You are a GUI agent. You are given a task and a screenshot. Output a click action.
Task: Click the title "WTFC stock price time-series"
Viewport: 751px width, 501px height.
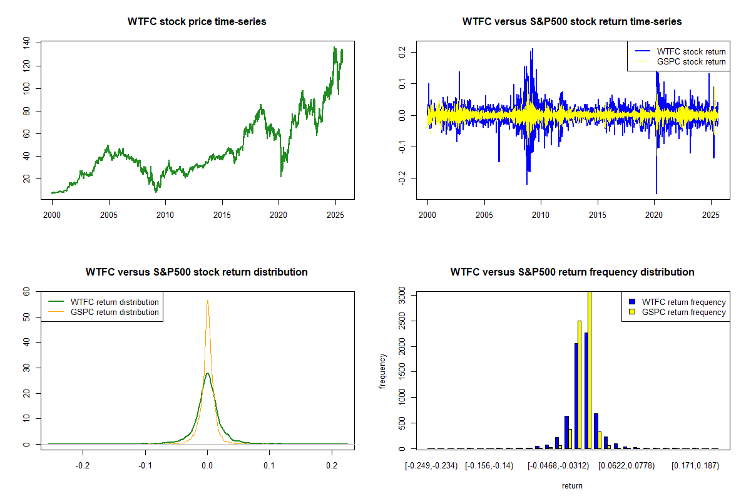(x=197, y=22)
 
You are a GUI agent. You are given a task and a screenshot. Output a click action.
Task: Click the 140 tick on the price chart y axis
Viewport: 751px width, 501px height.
(x=27, y=43)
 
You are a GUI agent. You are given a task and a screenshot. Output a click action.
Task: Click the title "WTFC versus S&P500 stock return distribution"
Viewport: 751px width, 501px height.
(x=197, y=272)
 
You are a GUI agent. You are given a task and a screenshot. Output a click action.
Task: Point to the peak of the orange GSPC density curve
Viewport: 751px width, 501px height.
(x=207, y=301)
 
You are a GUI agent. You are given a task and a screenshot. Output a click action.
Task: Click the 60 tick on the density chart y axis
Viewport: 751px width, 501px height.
(x=27, y=292)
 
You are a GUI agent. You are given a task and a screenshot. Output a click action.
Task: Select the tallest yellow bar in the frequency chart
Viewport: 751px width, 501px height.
(x=589, y=369)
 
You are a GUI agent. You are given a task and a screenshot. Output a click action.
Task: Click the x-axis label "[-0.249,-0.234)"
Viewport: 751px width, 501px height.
(x=432, y=466)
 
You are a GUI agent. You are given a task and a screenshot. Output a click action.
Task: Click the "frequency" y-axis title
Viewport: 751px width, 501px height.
(x=383, y=371)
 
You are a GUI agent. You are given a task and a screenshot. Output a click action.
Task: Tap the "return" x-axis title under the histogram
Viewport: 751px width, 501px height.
(x=572, y=485)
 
